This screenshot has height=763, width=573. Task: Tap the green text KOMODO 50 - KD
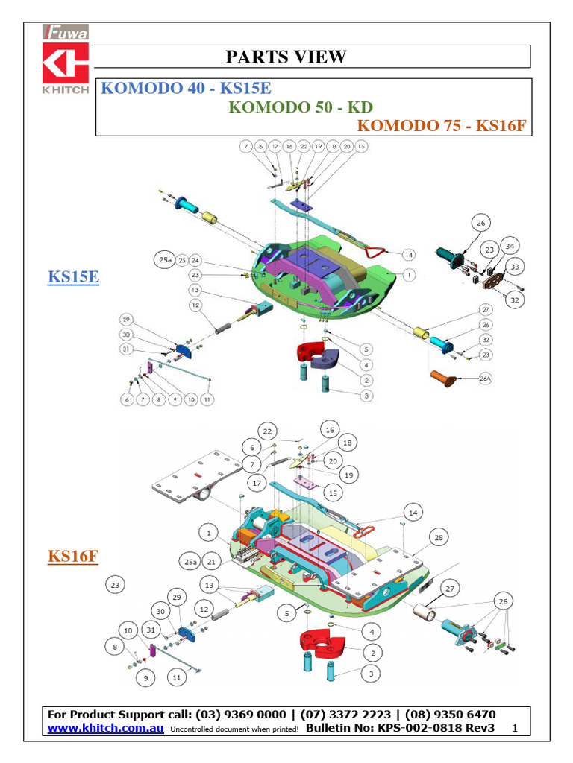click(300, 107)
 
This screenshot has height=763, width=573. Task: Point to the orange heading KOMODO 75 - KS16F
click(442, 125)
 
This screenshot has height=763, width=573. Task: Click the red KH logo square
click(66, 63)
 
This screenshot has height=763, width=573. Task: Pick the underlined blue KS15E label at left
click(74, 278)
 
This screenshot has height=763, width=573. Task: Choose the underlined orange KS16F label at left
click(74, 557)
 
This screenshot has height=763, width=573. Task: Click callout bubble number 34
click(510, 246)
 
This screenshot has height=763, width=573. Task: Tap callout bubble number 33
click(514, 266)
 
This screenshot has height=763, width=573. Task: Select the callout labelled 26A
click(486, 379)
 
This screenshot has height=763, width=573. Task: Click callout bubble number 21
click(212, 561)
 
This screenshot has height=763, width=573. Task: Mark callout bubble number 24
click(195, 260)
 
